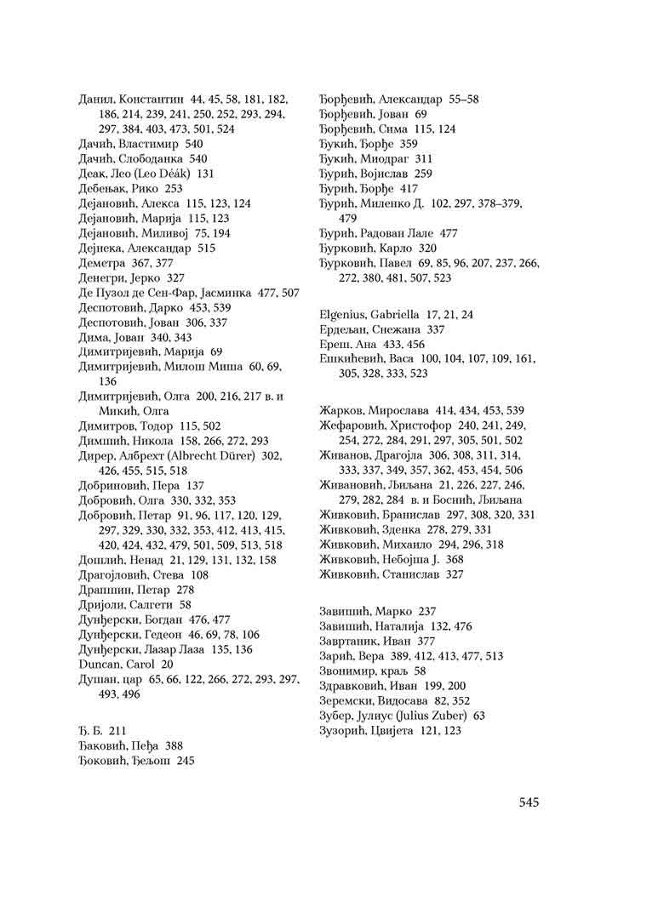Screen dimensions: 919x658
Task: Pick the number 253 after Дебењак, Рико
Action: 174,188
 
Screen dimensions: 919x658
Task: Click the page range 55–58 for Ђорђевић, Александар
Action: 461,99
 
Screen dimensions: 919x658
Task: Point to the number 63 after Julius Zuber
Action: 479,716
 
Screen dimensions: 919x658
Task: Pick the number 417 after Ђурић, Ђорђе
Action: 409,188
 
